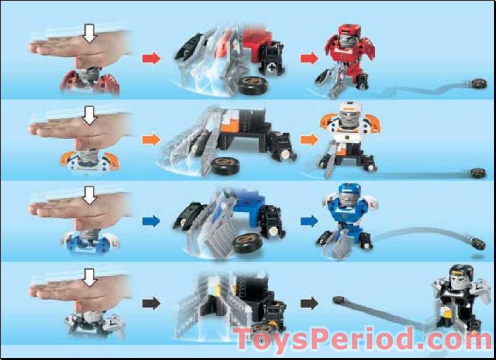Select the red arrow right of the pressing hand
151,59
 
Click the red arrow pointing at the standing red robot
308,59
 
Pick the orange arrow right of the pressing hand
151,140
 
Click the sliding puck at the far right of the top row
480,83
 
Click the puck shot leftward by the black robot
339,300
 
